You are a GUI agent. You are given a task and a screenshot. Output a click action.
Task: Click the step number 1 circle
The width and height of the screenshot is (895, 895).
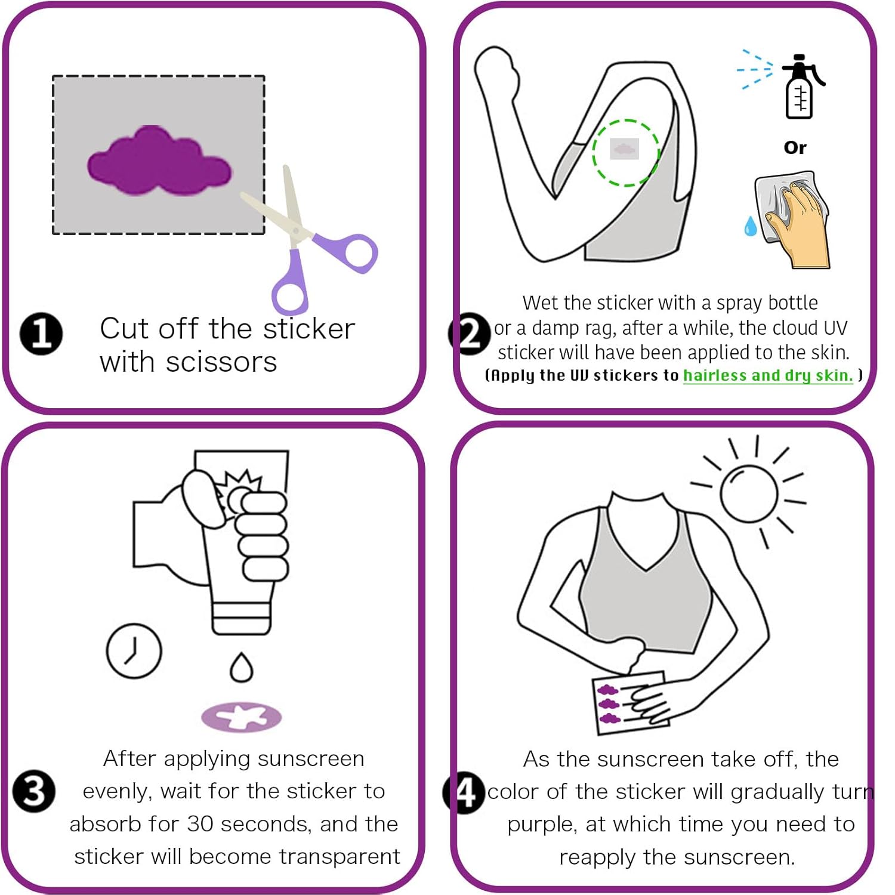(x=41, y=334)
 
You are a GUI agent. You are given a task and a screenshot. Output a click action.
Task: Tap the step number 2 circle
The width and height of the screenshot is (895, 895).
(x=470, y=334)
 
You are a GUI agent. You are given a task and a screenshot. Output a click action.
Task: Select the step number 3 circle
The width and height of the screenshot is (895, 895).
(x=34, y=791)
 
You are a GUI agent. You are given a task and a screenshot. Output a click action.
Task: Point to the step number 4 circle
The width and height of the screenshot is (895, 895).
(x=464, y=792)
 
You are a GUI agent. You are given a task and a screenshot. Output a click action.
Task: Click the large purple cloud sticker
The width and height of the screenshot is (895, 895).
(x=159, y=163)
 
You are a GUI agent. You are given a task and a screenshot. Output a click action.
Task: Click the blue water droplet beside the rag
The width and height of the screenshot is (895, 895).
(x=750, y=226)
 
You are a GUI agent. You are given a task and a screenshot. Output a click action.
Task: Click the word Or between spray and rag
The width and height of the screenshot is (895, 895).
(x=795, y=147)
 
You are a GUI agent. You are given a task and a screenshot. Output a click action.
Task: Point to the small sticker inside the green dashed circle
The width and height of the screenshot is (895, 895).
(x=624, y=149)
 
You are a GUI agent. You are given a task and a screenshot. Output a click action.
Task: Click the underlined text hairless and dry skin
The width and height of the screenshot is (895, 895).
(x=768, y=375)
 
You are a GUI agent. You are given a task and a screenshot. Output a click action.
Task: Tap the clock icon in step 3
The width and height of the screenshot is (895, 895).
(x=134, y=651)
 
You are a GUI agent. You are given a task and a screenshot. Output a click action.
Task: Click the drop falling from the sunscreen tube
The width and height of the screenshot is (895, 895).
(x=242, y=668)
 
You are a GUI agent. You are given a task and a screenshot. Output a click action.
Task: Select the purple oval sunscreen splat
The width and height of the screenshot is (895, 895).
(x=241, y=717)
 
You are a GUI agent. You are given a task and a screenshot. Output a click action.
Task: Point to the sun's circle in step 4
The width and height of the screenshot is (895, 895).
(x=748, y=493)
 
